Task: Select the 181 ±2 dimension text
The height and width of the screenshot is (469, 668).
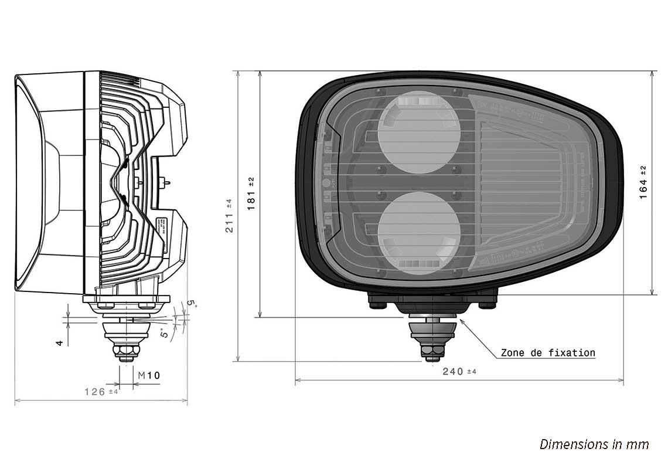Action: coord(252,193)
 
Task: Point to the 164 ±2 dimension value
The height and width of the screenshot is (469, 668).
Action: coord(643,182)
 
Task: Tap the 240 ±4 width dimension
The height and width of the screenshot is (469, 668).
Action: coord(459,371)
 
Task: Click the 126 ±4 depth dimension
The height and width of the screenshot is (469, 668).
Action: coord(101,391)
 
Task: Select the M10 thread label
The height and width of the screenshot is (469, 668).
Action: coord(149,375)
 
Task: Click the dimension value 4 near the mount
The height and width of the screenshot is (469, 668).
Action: coord(60,342)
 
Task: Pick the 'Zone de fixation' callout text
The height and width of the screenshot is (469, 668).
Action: coord(547,353)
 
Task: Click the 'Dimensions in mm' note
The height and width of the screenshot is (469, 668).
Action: coord(594,444)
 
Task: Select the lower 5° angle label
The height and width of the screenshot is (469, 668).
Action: coord(165,334)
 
